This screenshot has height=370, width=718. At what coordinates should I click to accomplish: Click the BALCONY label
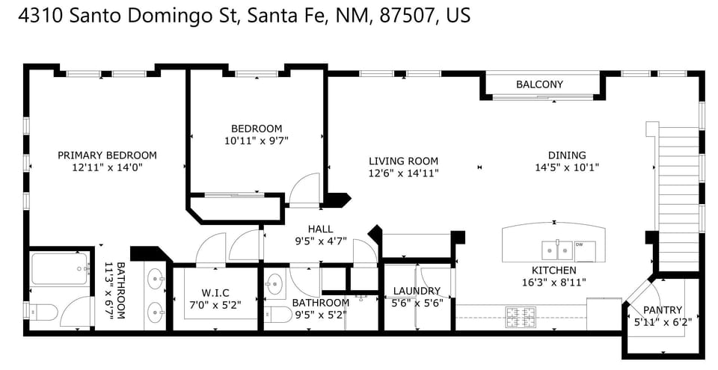[x=539, y=84]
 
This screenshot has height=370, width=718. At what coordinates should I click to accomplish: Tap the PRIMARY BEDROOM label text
[x=107, y=155]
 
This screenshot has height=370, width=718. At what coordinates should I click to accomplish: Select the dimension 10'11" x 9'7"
[x=257, y=140]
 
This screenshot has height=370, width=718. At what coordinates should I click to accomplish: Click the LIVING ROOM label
[x=403, y=161]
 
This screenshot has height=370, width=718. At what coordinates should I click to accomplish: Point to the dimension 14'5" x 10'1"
[x=567, y=167]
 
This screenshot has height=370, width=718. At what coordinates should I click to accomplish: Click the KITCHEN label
[x=553, y=270]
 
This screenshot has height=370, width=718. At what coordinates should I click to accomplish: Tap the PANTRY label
[x=658, y=310]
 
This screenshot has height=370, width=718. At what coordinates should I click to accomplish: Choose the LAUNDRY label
[x=417, y=291]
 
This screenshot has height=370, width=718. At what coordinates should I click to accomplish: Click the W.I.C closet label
[x=215, y=292]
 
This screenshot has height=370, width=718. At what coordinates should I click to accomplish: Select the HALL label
[x=320, y=229]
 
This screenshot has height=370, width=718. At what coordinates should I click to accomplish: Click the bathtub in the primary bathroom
[x=60, y=268]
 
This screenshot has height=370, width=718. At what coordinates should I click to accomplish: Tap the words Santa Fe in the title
[x=280, y=15]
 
